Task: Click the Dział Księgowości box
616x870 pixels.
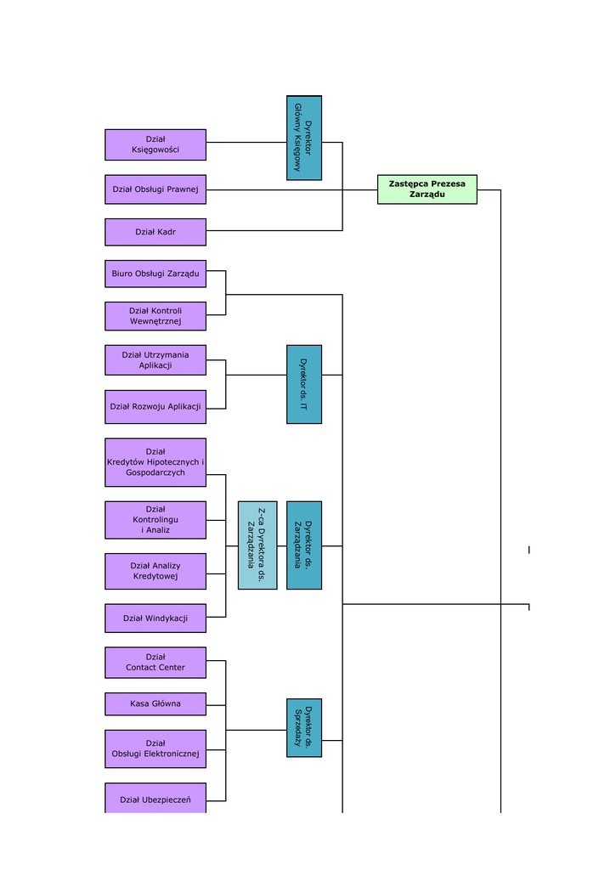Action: click(x=155, y=144)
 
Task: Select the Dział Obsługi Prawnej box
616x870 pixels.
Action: click(x=155, y=189)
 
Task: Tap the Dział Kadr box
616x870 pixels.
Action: click(x=155, y=232)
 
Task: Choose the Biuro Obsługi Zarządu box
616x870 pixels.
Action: click(x=155, y=274)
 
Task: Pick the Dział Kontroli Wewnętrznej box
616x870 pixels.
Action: click(x=155, y=316)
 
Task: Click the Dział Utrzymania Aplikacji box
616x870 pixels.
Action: click(x=155, y=360)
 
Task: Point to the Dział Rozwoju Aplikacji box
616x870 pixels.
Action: click(x=155, y=407)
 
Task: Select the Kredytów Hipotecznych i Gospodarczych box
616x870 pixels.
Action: click(x=155, y=462)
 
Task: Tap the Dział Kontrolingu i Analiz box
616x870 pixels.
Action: click(x=155, y=520)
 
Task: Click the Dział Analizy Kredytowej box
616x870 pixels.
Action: click(x=155, y=571)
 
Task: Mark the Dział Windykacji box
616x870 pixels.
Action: click(x=155, y=619)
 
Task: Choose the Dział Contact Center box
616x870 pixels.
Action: click(x=155, y=663)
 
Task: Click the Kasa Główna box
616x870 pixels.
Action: click(x=155, y=704)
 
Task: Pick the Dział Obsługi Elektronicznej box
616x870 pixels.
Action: click(x=155, y=749)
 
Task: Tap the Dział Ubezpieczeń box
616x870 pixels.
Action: click(x=155, y=799)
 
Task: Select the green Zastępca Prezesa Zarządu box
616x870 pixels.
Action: click(x=427, y=189)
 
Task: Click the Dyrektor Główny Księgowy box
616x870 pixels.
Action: click(x=304, y=138)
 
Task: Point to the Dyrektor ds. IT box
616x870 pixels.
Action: click(x=304, y=384)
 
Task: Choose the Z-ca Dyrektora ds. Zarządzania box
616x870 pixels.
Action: click(x=257, y=545)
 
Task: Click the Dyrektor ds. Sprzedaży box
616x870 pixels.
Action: click(x=304, y=727)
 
